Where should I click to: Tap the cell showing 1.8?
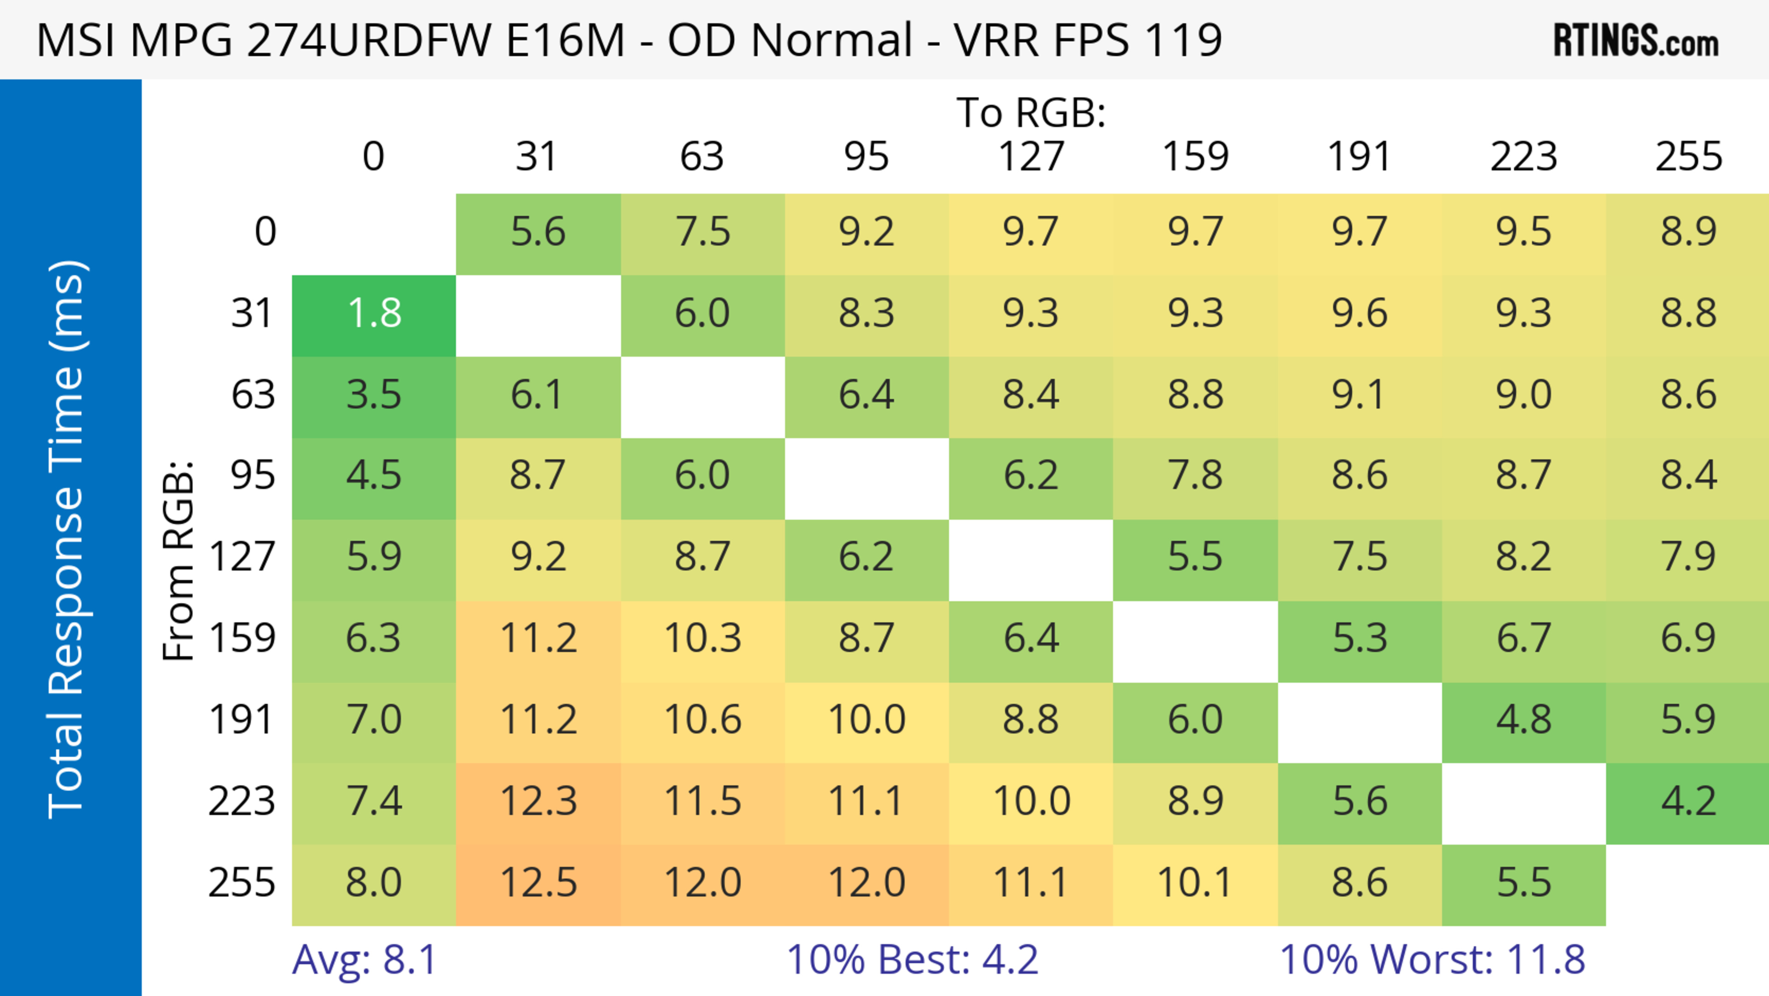coord(374,314)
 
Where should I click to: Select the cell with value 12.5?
coord(539,883)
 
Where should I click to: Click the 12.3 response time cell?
coord(539,802)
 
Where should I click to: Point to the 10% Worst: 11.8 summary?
coord(1432,960)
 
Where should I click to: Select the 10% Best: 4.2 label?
coord(912,960)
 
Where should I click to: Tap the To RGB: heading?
coord(1031,112)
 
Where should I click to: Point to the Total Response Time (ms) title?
coord(67,539)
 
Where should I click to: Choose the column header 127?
coord(1031,157)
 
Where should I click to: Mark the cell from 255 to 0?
coord(374,883)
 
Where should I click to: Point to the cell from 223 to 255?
coord(1688,802)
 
